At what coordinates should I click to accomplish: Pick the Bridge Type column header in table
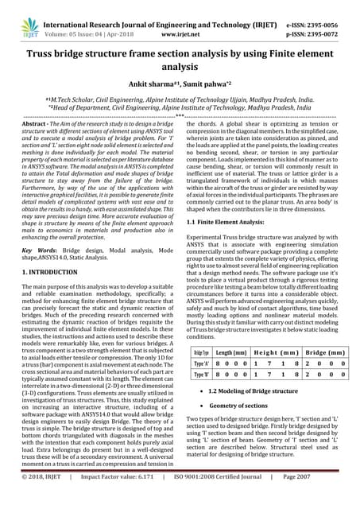[x=201, y=351]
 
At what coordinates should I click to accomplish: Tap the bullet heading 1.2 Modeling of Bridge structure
[x=254, y=390]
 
